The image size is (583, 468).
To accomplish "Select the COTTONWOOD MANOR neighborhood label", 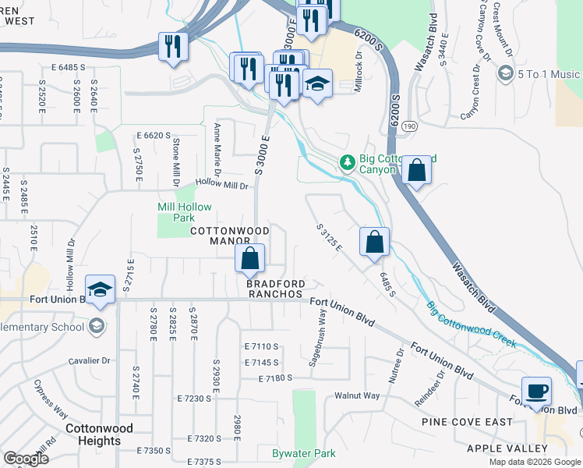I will pyautogui.click(x=230, y=236).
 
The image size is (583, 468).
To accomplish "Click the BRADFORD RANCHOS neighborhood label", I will pyautogui.click(x=274, y=289).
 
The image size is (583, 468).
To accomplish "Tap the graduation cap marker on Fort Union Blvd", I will pyautogui.click(x=100, y=290).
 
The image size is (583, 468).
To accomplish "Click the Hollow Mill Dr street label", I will pyautogui.click(x=221, y=186).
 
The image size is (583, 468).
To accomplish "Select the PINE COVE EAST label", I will pyautogui.click(x=467, y=422).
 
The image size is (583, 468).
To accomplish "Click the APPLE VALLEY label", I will pyautogui.click(x=507, y=448).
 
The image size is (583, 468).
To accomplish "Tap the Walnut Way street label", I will pyautogui.click(x=357, y=395).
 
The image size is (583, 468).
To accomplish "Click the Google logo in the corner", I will pyautogui.click(x=25, y=459).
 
